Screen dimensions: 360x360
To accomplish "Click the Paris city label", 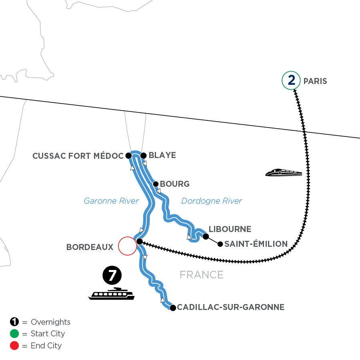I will pyautogui.click(x=315, y=81).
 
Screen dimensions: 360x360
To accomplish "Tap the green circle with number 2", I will pyautogui.click(x=291, y=81).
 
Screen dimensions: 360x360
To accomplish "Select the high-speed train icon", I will pyautogui.click(x=283, y=172).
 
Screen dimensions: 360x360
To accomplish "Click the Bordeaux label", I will pyautogui.click(x=90, y=247).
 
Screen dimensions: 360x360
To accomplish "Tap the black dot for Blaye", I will pyautogui.click(x=143, y=155).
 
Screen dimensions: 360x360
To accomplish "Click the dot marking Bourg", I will pyautogui.click(x=156, y=184).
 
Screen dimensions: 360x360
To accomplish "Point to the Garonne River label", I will pyautogui.click(x=111, y=201).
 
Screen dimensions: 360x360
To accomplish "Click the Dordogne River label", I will pyautogui.click(x=212, y=201).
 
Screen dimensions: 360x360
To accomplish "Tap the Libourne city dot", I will pyautogui.click(x=206, y=236).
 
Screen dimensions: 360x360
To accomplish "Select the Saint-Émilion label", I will pyautogui.click(x=256, y=244).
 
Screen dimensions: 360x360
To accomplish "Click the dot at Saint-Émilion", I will pyautogui.click(x=220, y=244).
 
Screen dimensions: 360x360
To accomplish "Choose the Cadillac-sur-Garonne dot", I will pyautogui.click(x=173, y=308).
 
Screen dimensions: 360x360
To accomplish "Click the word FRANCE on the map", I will pyautogui.click(x=201, y=275).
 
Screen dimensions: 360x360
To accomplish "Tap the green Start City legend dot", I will pyautogui.click(x=14, y=334).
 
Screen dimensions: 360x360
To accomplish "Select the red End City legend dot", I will pyautogui.click(x=14, y=345).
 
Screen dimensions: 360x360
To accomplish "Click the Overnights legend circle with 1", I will pyautogui.click(x=14, y=322).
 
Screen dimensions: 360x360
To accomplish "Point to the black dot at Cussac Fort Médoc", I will pyautogui.click(x=128, y=155).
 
